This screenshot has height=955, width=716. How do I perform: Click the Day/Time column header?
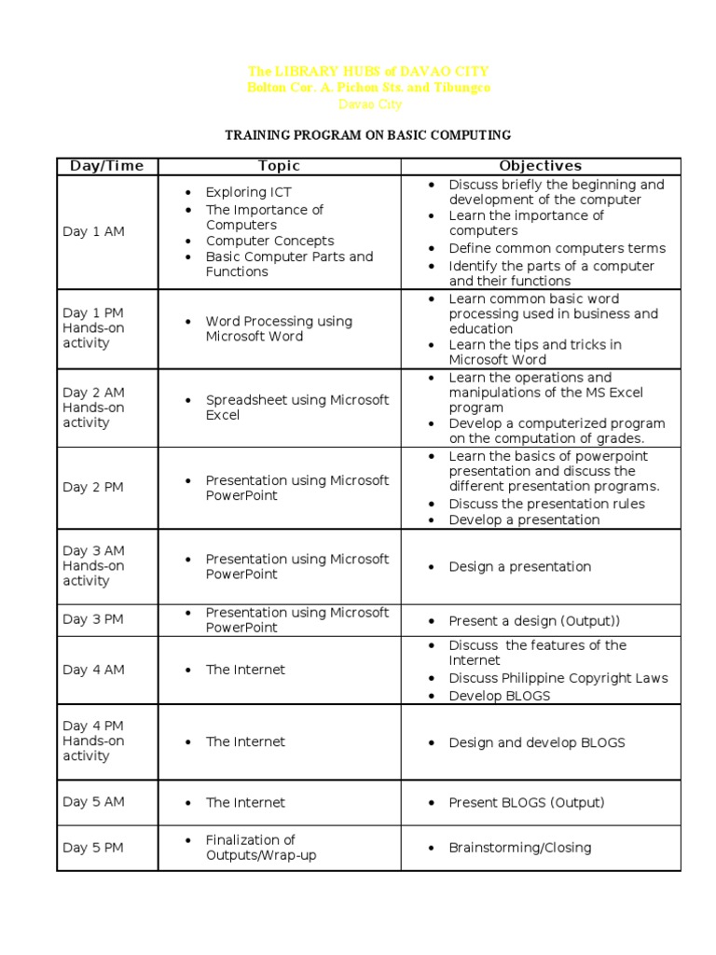click(106, 166)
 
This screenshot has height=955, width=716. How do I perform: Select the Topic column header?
click(279, 166)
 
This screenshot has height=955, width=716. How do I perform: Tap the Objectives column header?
click(540, 166)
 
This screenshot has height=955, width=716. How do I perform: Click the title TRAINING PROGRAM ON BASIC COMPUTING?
click(367, 135)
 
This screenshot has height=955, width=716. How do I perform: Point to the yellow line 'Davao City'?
click(368, 104)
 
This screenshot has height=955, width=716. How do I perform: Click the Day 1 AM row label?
click(93, 231)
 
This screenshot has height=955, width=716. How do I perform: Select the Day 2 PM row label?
click(93, 487)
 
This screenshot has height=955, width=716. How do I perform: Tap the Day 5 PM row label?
click(93, 847)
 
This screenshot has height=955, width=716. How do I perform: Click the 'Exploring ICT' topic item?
click(248, 192)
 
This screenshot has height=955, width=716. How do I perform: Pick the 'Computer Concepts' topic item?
click(269, 241)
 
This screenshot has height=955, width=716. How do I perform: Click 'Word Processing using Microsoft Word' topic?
click(279, 328)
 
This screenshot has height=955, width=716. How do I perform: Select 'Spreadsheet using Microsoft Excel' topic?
click(296, 407)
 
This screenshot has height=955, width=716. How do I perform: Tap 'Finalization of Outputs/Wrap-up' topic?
click(260, 847)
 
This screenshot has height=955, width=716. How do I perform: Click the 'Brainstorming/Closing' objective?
click(519, 848)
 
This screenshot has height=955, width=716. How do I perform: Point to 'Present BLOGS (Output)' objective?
click(526, 802)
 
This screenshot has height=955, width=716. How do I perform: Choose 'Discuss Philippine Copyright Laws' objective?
click(558, 678)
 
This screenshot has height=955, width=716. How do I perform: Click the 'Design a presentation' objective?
click(519, 566)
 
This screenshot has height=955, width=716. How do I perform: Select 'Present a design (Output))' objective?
click(533, 620)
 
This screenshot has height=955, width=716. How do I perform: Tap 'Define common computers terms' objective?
click(557, 248)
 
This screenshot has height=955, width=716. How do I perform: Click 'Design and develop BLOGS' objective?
click(536, 742)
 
